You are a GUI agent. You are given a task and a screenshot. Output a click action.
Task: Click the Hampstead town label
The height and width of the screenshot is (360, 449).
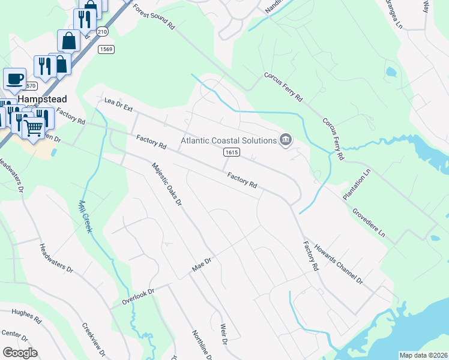point(41,98)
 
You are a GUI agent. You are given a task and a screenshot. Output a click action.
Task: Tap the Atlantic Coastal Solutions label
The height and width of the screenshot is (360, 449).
point(229,140)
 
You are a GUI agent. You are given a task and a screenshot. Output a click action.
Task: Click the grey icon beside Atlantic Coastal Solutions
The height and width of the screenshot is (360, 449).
point(286,140)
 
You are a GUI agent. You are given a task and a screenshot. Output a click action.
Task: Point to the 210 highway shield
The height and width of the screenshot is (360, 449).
point(102,31)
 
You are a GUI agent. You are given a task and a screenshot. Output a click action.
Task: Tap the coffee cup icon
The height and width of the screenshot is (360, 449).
point(14,79)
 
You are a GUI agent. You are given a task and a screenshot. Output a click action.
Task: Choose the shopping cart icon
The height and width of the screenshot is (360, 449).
point(34,127)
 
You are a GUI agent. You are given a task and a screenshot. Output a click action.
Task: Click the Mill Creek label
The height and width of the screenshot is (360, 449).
point(84,217)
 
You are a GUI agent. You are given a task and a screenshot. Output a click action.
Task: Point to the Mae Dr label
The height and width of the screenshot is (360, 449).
point(202,264)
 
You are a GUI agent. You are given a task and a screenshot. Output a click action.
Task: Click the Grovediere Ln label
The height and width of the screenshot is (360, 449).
point(369,221)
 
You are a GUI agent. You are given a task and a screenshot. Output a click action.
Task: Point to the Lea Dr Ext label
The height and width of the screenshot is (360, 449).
point(118,106)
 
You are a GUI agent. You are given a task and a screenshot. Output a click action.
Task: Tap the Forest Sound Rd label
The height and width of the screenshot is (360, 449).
point(154,18)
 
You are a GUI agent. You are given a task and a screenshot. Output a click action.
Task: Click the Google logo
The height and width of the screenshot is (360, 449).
point(19,353)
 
